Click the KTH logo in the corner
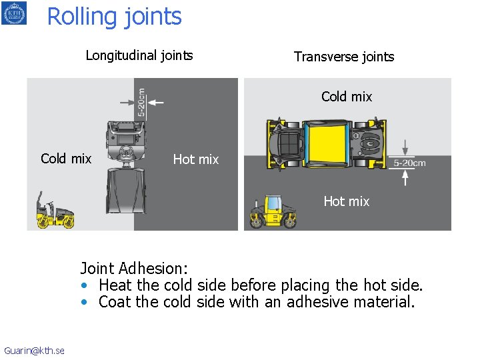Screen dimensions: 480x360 14,13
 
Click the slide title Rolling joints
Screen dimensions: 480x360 114,16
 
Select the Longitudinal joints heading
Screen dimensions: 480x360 139,55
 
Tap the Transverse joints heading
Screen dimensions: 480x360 344,57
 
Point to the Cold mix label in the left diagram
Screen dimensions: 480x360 66,159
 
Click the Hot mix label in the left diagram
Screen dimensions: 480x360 195,159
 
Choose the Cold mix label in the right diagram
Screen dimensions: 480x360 347,97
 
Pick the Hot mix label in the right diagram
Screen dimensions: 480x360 346,201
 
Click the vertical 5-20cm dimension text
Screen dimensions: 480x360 141,103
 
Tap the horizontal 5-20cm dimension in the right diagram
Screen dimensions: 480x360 409,163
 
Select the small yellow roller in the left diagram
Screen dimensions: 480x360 55,212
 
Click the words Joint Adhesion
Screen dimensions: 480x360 134,269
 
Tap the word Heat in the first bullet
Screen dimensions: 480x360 115,285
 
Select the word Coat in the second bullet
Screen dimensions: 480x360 115,302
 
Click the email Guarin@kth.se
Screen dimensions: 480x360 34,351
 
